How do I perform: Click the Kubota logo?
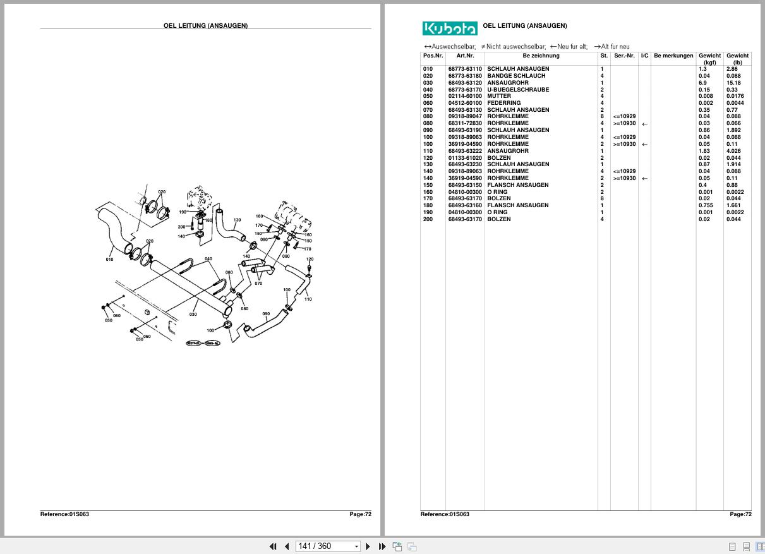[x=450, y=28]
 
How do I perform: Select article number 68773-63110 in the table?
[x=465, y=69]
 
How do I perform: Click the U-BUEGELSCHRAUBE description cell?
[x=517, y=90]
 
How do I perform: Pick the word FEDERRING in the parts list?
[x=503, y=104]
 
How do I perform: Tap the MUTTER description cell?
[x=499, y=97]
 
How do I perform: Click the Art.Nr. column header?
[x=465, y=56]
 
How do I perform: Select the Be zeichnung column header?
[x=541, y=56]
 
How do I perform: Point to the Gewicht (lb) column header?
[x=737, y=59]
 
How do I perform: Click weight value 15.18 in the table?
[x=733, y=83]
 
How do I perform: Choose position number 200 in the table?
[x=428, y=219]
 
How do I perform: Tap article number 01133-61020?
[x=465, y=158]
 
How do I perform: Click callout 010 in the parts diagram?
[x=110, y=260]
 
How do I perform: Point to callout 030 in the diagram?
[x=193, y=314]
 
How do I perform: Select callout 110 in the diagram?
[x=308, y=299]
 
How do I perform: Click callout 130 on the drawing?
[x=237, y=220]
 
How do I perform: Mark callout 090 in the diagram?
[x=266, y=314]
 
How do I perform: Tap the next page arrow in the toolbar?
[x=368, y=546]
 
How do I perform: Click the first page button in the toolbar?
[x=273, y=546]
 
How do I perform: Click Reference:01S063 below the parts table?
[x=444, y=514]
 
